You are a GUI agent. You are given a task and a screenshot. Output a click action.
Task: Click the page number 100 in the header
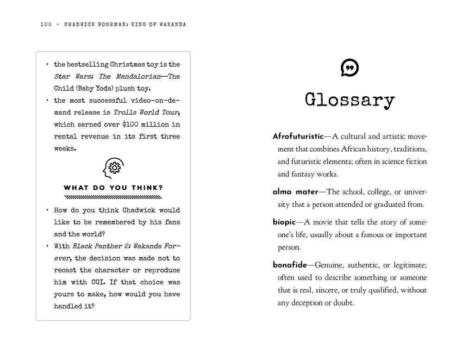pos(46,25)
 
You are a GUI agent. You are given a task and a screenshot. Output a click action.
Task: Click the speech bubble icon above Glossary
pos(350,68)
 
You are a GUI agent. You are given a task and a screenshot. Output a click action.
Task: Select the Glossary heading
pos(350,100)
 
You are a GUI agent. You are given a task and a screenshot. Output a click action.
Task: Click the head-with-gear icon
pos(113,168)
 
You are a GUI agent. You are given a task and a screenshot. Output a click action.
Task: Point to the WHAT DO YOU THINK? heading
pos(113,188)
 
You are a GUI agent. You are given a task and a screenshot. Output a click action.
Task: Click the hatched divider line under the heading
pos(113,197)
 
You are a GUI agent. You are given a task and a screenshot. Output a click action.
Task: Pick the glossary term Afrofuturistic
pos(298,137)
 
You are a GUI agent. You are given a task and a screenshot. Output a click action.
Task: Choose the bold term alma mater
pos(295,192)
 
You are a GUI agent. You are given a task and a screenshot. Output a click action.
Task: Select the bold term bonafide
pos(290,265)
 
